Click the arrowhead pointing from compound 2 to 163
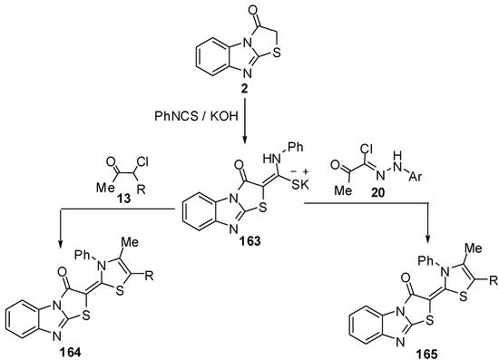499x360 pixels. pos(243,139)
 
